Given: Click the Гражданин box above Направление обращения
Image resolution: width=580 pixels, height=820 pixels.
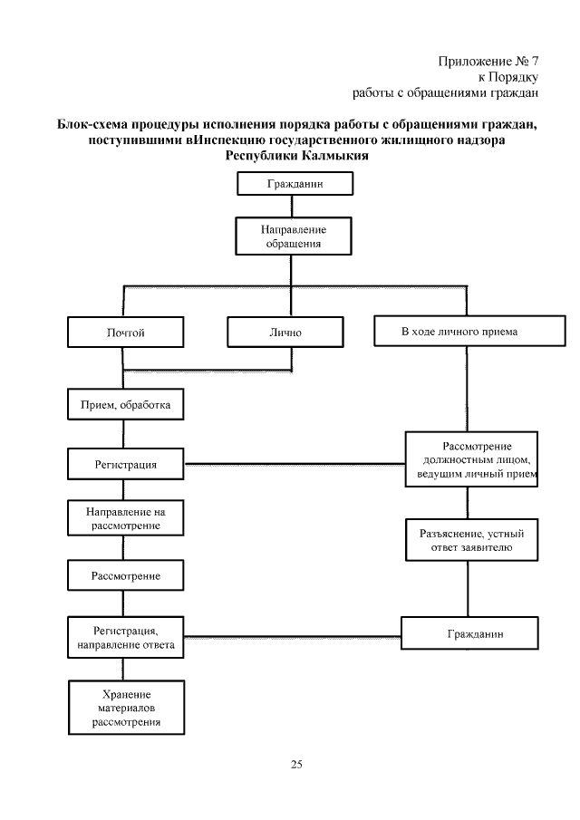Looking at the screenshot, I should pos(295,183).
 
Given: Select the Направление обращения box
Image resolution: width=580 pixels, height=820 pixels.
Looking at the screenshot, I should pos(293,236).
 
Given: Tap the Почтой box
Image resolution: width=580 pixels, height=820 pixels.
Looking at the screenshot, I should pos(125,333).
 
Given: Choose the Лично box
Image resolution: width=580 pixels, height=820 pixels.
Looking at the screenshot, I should pos(285,333).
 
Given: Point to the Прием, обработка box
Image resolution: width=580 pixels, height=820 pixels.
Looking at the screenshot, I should pos(126,404).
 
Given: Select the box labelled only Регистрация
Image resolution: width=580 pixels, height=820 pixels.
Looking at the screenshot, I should pos(126,464).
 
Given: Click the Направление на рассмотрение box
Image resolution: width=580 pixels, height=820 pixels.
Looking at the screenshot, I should pos(126,518).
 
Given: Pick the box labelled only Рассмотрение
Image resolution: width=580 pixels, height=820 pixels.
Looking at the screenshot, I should pos(126,575).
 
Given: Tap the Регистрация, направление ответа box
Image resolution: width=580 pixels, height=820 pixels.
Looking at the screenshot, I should pos(126,639).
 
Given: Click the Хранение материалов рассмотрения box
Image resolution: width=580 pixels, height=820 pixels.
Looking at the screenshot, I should pos(126,708).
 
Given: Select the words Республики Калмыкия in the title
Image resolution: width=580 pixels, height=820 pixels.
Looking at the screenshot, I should pos(290,154).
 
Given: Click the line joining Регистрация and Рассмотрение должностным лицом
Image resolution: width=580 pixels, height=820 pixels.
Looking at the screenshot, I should pos(295,465).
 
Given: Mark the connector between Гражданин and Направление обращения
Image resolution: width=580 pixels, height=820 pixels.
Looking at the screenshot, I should pos(293,206).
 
